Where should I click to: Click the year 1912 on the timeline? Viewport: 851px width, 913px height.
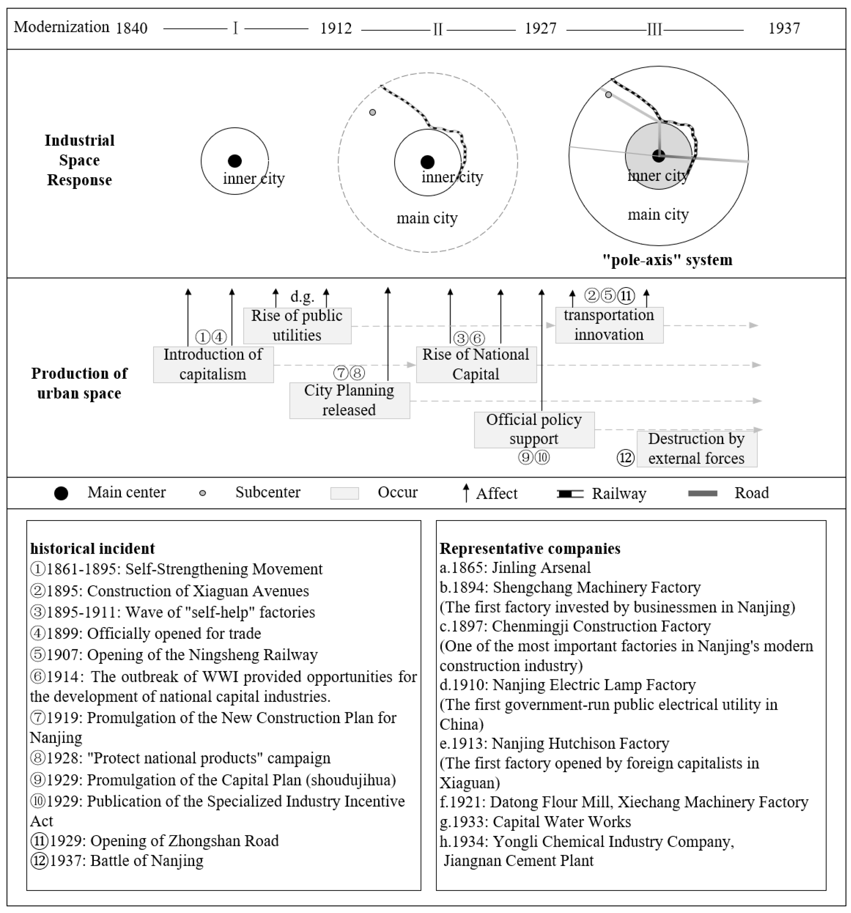tap(336, 29)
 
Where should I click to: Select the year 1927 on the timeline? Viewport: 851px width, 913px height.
tap(541, 29)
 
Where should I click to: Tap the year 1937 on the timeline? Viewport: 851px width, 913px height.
tap(784, 29)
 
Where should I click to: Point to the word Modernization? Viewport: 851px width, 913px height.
tap(62, 27)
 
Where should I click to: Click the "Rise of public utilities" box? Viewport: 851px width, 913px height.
tap(297, 326)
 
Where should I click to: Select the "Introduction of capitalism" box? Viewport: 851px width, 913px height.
tap(213, 365)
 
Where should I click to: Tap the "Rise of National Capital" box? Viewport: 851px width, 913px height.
tap(476, 365)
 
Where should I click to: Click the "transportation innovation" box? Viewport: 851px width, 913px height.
tap(609, 325)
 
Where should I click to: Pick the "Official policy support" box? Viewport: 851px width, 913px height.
tap(534, 429)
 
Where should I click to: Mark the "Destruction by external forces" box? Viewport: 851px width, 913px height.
tap(696, 449)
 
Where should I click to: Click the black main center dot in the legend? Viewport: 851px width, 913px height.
tap(61, 493)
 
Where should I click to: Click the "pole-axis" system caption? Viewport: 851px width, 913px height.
tap(667, 260)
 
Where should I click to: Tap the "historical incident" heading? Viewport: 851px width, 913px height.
tap(93, 548)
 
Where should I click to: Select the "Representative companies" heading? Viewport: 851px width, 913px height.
tap(530, 548)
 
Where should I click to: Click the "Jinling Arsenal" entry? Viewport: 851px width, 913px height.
tap(515, 568)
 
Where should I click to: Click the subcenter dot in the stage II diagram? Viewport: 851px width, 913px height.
tap(373, 112)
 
